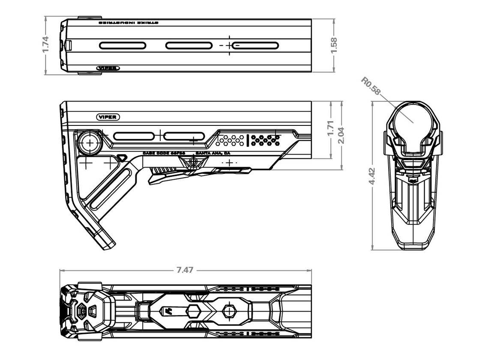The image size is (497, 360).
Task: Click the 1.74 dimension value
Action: (46, 45)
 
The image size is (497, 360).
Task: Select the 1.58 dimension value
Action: (334, 45)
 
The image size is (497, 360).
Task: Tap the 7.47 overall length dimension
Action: (185, 270)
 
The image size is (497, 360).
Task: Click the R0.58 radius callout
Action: (370, 85)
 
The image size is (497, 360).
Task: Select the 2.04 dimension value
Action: (341, 135)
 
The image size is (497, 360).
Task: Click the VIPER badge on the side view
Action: (108, 117)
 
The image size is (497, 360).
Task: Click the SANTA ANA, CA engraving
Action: (213, 153)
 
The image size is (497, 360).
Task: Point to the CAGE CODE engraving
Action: (164, 153)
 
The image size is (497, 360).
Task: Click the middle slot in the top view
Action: (189, 45)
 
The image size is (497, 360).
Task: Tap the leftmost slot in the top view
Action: (123, 45)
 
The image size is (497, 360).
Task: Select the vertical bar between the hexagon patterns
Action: (248, 140)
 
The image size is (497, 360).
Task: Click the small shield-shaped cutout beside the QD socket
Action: (122, 158)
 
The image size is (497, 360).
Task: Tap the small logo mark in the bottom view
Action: (170, 311)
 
